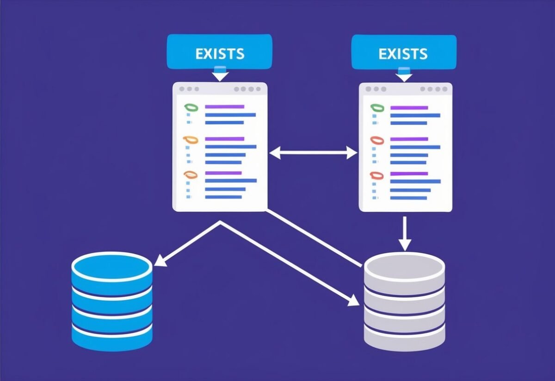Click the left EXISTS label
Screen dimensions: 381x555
(219, 53)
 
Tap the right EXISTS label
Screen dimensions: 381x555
(403, 53)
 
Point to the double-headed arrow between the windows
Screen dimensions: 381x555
(314, 153)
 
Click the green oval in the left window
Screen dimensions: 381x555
(191, 107)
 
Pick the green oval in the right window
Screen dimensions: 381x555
(377, 108)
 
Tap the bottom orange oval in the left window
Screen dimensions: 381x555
(190, 175)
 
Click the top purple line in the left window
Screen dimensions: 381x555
(224, 107)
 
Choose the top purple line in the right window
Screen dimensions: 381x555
(409, 108)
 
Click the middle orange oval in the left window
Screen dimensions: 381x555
(190, 139)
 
